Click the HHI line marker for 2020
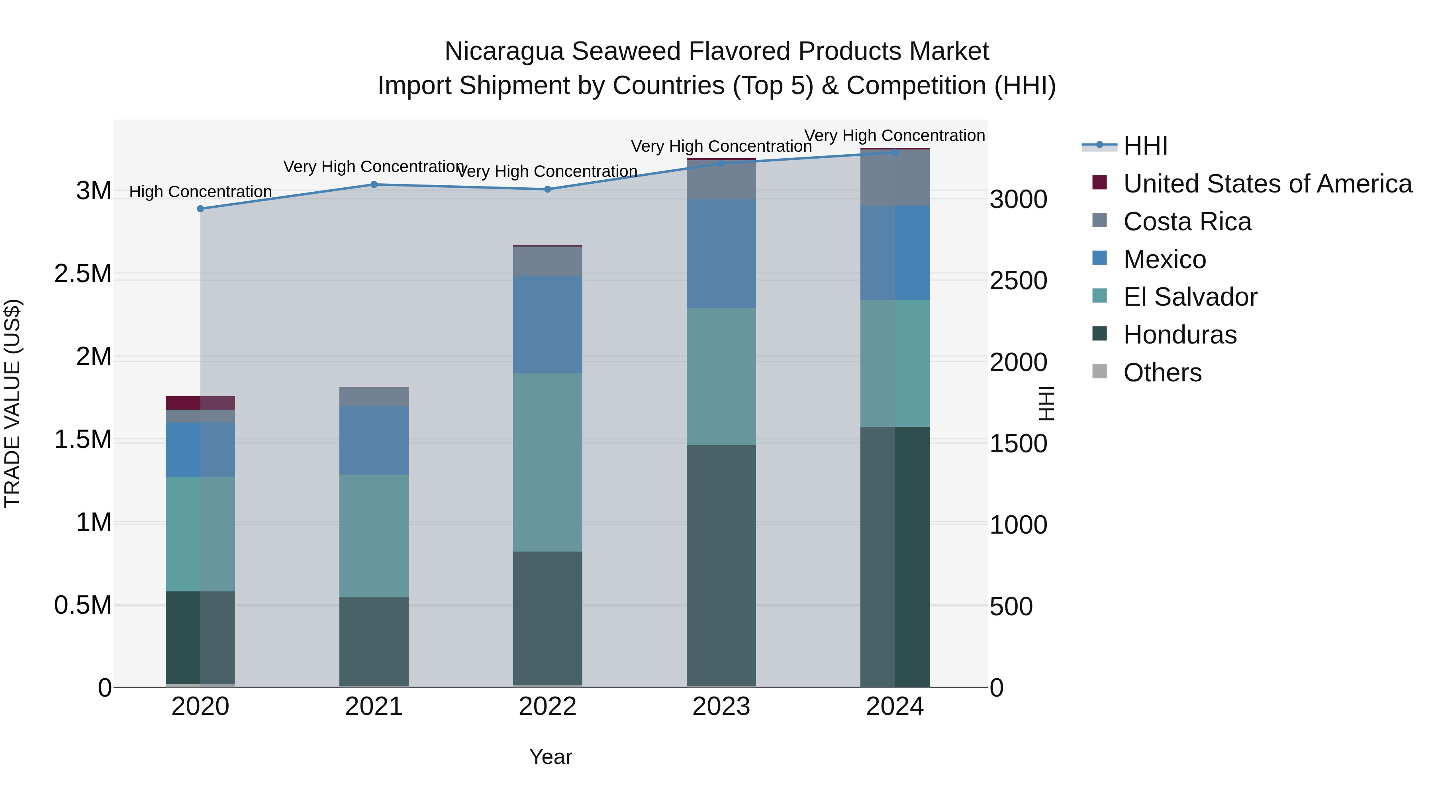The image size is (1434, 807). pyautogui.click(x=200, y=209)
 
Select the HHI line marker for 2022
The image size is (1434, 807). pyautogui.click(x=547, y=189)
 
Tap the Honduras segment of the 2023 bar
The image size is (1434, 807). pyautogui.click(x=721, y=565)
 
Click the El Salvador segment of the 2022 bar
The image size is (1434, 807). pyautogui.click(x=547, y=462)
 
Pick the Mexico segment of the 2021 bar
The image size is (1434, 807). pyautogui.click(x=374, y=440)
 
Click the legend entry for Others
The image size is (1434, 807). pyautogui.click(x=1162, y=373)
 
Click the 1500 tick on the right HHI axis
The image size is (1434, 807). pyautogui.click(x=1018, y=444)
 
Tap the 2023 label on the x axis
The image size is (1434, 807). pyautogui.click(x=721, y=707)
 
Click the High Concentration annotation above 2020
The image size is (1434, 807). pyautogui.click(x=200, y=192)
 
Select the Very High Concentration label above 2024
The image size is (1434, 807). pyautogui.click(x=895, y=135)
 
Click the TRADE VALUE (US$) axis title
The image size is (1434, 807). pyautogui.click(x=12, y=403)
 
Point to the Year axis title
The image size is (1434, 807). pyautogui.click(x=550, y=757)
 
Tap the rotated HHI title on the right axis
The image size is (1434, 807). pyautogui.click(x=1046, y=403)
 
